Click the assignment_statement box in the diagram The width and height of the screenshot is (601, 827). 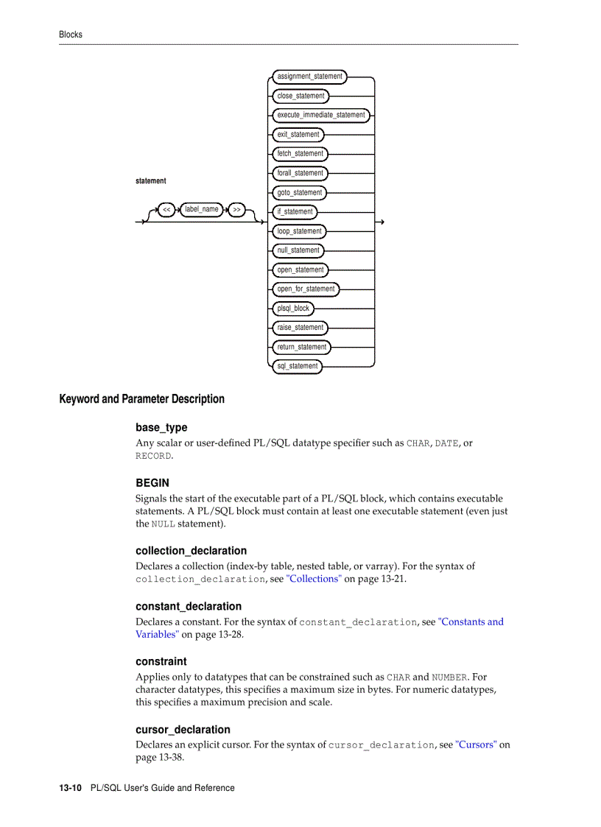309,77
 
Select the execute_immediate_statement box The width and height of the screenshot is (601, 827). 320,115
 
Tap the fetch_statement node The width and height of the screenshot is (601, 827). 300,154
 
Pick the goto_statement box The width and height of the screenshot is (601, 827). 299,192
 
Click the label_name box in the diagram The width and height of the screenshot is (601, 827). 201,210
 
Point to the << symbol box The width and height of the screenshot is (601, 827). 166,210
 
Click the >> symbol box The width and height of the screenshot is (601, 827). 236,210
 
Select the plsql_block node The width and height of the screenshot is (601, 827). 293,309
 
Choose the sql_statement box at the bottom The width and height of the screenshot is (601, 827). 298,366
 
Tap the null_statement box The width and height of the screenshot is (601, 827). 298,250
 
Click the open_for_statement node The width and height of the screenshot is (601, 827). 306,289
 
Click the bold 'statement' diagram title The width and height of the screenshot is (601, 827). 151,181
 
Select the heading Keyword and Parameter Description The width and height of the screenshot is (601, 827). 141,399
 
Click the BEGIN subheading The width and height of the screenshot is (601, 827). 152,483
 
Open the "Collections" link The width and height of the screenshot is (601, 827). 314,579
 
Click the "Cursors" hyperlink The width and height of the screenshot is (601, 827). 476,745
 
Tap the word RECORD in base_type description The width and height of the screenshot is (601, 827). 153,456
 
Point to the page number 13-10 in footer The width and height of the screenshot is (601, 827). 70,788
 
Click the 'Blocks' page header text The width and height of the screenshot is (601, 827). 71,35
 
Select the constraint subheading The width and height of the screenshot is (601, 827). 161,661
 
